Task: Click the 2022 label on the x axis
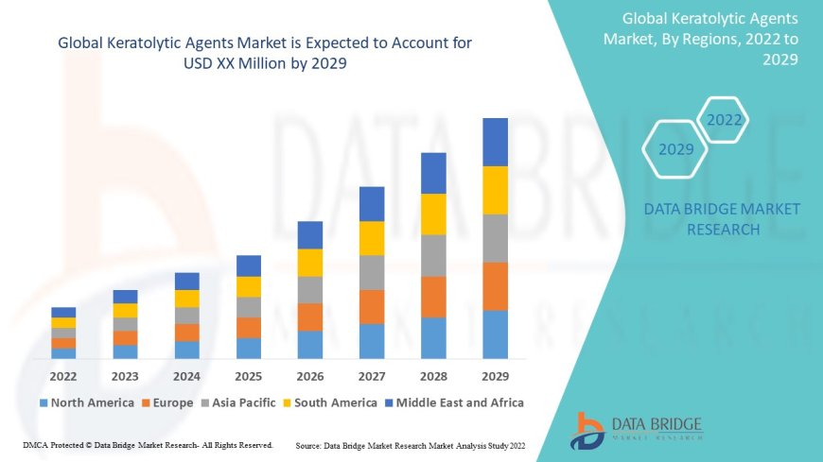point(63,375)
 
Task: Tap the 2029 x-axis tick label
point(495,375)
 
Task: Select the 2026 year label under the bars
point(310,375)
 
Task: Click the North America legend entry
point(86,402)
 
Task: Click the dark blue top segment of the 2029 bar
point(495,142)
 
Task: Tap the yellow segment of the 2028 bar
point(433,214)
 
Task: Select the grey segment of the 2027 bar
point(372,272)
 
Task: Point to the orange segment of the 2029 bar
point(495,286)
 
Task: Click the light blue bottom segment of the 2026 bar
point(310,344)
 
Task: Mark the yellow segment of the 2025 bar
point(248,286)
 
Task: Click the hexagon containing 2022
point(724,121)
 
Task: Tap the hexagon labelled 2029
point(675,149)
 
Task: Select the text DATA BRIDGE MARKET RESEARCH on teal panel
point(722,219)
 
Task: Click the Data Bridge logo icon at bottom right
point(587,430)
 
